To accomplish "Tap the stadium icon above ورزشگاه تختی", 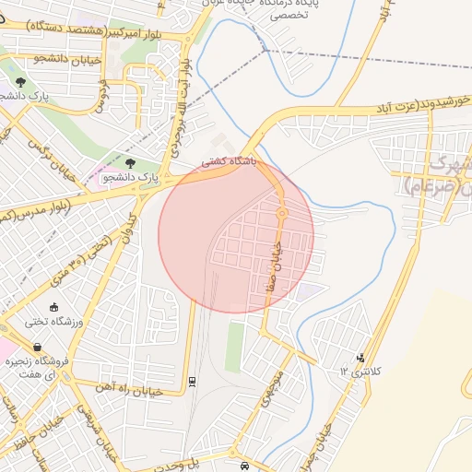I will pos(53,307).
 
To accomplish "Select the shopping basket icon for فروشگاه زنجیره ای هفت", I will pos(11,348).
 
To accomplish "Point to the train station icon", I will pos(192,382).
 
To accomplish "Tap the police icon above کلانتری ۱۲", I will pos(360,357).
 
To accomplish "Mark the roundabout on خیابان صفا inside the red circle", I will pos(282,214).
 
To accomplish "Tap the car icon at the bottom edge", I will pos(243,466).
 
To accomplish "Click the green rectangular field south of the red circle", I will pos(235,346).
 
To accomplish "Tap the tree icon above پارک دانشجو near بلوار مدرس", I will pos(130,162).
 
